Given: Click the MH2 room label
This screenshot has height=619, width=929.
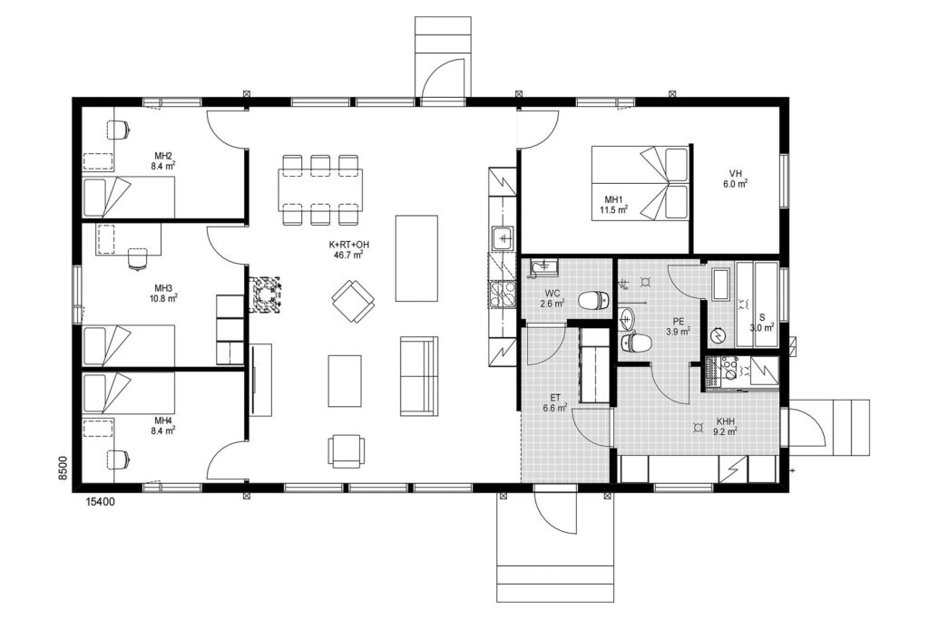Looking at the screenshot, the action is pos(163,156).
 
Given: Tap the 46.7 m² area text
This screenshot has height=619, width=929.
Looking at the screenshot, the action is pos(349,255).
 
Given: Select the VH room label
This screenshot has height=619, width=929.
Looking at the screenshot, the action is pos(735,173).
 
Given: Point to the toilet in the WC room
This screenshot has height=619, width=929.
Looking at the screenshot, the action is pos(592,300).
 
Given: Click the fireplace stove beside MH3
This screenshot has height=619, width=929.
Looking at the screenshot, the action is pos(264,295).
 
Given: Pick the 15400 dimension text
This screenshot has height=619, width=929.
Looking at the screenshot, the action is pos(101,502).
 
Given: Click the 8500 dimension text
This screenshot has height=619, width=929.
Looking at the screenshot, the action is pos(64,469).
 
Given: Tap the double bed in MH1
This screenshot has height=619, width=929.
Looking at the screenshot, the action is pos(641,183).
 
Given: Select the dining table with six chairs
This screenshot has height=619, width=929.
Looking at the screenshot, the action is pos(320,190).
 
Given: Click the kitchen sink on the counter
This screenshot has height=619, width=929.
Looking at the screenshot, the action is pos(503,238).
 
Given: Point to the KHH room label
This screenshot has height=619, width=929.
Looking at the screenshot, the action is pos(726,421).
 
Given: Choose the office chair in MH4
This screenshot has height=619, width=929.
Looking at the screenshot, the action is pos(118,459).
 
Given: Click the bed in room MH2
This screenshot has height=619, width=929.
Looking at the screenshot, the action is pos(129,197).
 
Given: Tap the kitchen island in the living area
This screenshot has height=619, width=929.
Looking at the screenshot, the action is pos(416,258).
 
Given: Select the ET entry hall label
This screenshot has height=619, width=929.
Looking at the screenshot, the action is pos(555,398).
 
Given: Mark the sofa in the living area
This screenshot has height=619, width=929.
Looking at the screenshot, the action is pos(419,376).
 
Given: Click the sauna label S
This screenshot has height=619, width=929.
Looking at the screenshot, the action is pos(762,318).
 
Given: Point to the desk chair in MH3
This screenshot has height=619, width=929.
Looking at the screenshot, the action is pos(138,258).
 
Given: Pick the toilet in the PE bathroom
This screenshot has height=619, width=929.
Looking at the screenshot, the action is pos(636,342).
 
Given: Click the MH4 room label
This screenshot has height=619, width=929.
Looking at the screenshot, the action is pos(163,421).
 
